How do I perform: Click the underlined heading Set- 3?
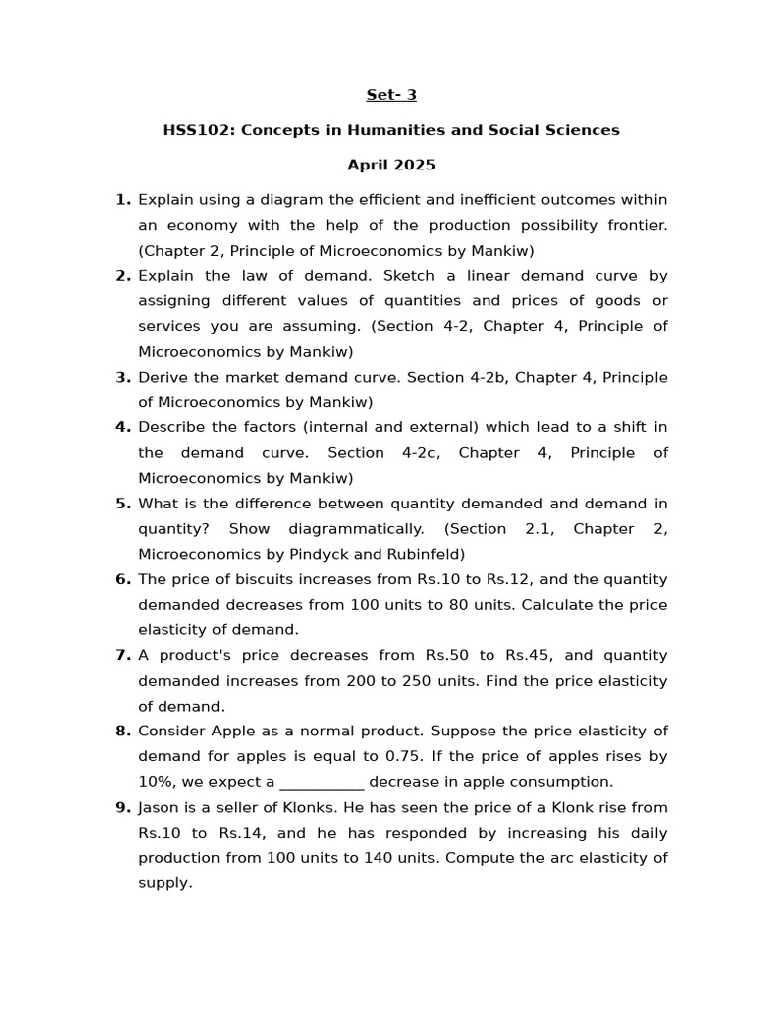tap(391, 95)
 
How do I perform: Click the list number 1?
tap(123, 200)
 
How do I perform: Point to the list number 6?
tap(123, 579)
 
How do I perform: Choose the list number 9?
tap(123, 807)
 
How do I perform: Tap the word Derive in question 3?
tap(163, 377)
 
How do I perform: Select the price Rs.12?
tap(547, 579)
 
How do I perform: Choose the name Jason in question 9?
tap(160, 807)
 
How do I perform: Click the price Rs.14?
tap(241, 833)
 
